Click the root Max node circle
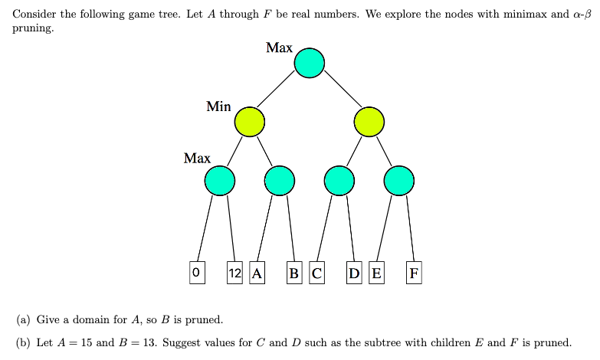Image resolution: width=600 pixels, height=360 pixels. [x=310, y=63]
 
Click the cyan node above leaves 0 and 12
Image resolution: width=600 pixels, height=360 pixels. [x=220, y=181]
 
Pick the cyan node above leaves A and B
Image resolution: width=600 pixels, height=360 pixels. [x=280, y=181]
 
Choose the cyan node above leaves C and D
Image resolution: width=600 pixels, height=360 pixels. [x=339, y=181]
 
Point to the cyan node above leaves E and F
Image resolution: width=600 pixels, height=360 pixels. [x=399, y=181]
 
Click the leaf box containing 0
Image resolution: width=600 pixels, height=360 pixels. [x=197, y=272]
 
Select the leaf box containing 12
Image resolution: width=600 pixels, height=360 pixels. [x=235, y=272]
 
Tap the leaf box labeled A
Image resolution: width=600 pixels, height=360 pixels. [x=257, y=272]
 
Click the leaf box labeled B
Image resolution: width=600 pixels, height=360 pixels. [x=294, y=272]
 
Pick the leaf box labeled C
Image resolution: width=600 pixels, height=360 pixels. [x=316, y=272]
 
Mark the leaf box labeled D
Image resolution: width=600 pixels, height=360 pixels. [x=354, y=272]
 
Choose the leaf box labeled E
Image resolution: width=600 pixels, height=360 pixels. [x=376, y=272]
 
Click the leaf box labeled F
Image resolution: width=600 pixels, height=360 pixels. [x=414, y=272]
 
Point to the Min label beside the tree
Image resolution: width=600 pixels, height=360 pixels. [x=218, y=107]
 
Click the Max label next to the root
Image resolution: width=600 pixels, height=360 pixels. [x=279, y=48]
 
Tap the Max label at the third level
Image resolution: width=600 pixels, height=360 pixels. [x=197, y=159]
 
